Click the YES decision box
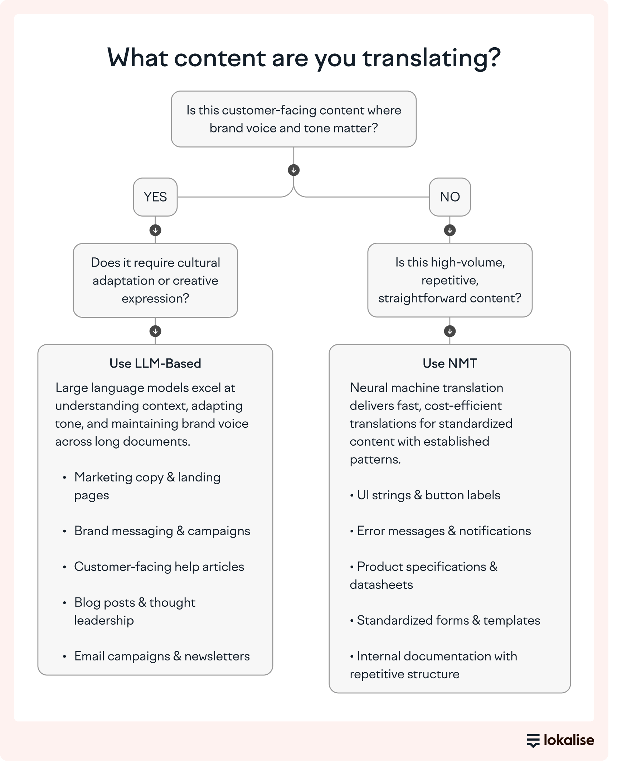coord(155,197)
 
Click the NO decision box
coord(450,197)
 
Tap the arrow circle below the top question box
coord(294,170)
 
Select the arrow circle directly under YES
coord(155,230)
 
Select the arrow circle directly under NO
coord(450,230)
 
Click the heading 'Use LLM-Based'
coord(155,363)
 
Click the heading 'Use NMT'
coord(450,363)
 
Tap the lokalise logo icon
coord(533,741)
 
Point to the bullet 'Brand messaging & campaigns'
coord(162,530)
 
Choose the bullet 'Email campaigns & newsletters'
coord(162,656)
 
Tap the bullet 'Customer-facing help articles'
coord(159,566)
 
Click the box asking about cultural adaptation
coord(155,280)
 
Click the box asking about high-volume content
coord(450,280)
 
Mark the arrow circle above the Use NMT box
coord(450,331)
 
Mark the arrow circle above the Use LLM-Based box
coord(155,331)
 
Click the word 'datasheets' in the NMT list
coord(381,585)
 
